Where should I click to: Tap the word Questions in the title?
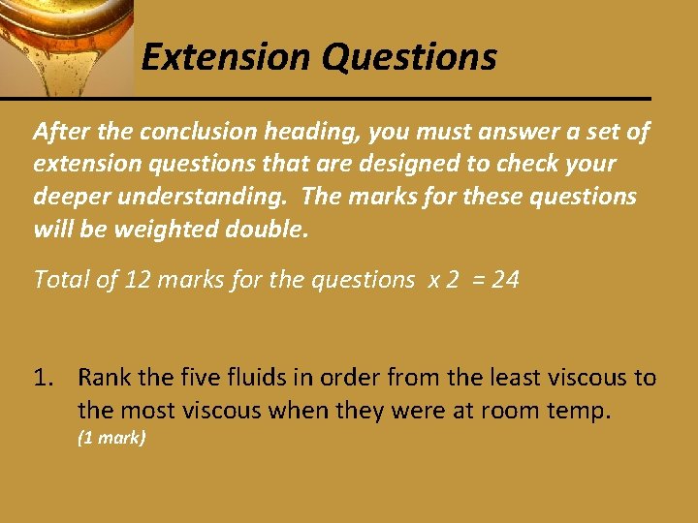point(410,58)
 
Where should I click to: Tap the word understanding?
point(206,197)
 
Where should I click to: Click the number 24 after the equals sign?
point(505,280)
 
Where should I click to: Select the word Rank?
point(103,377)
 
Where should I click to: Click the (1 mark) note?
point(111,438)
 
